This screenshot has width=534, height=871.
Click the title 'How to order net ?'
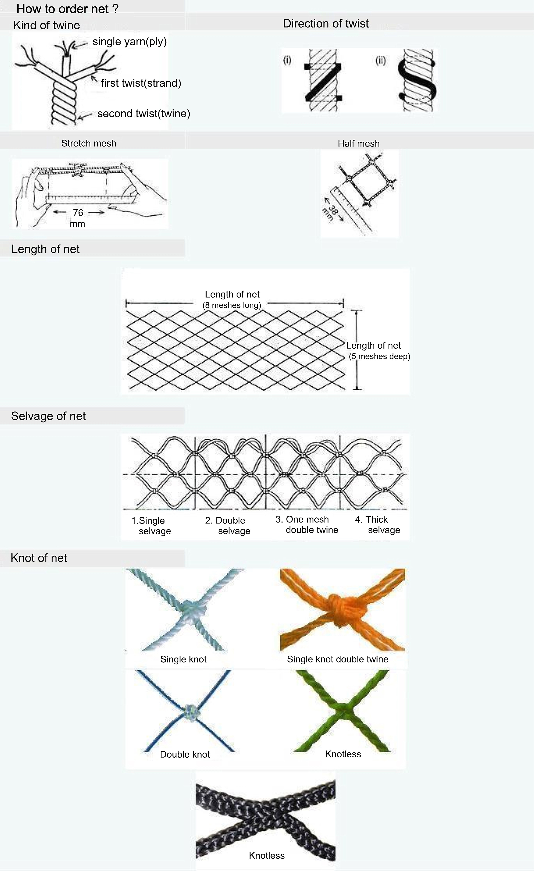pyautogui.click(x=67, y=9)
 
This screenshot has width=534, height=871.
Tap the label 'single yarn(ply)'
pyautogui.click(x=129, y=42)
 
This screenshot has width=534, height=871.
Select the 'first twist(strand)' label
pyautogui.click(x=141, y=83)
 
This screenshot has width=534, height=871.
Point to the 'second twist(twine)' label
pyautogui.click(x=144, y=114)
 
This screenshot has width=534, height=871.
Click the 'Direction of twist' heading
pyautogui.click(x=326, y=24)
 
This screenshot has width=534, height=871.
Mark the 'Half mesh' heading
pyautogui.click(x=359, y=144)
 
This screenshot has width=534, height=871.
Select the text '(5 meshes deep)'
pyautogui.click(x=379, y=356)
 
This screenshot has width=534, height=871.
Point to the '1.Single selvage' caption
pyautogui.click(x=151, y=526)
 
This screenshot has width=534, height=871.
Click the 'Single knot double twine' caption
pyautogui.click(x=337, y=659)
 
